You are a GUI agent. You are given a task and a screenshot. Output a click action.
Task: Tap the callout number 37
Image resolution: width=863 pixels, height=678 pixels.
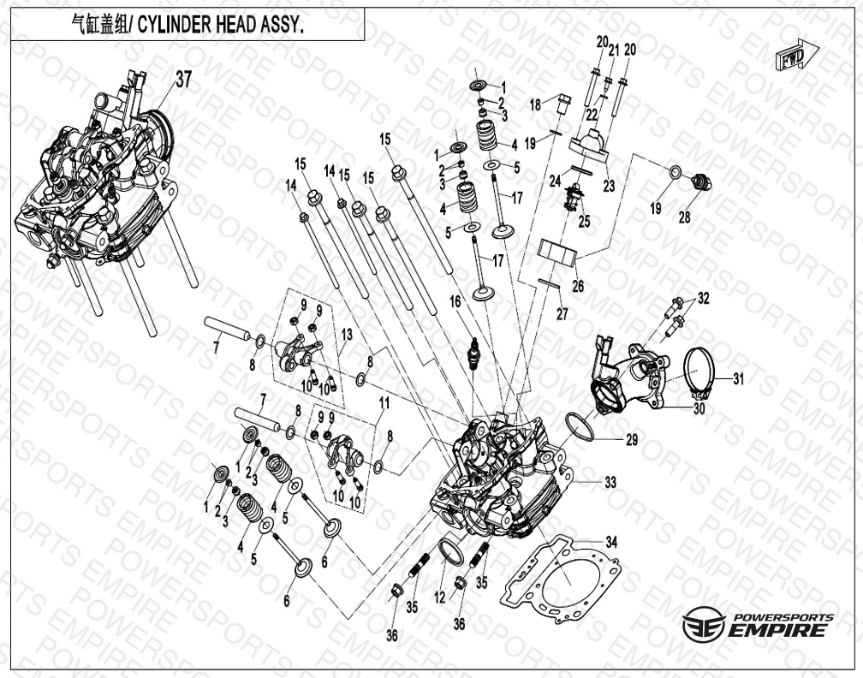click(184, 80)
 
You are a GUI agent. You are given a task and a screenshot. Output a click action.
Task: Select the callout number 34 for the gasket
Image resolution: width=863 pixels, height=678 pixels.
click(611, 543)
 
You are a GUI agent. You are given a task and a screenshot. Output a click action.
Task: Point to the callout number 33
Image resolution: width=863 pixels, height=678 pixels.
click(610, 483)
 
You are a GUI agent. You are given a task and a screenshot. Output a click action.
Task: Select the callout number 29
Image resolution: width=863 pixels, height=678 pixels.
click(632, 440)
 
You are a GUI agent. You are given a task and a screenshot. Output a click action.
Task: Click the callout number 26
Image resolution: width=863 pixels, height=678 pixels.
click(578, 286)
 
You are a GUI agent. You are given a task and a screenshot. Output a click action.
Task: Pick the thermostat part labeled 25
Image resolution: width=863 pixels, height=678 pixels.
click(575, 197)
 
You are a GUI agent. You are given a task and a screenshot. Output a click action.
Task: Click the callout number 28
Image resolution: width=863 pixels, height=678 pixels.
click(684, 217)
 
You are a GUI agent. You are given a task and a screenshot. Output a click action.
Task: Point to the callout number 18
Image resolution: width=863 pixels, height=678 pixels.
click(536, 104)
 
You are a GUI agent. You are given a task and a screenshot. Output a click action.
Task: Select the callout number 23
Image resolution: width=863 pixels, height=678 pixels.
click(609, 186)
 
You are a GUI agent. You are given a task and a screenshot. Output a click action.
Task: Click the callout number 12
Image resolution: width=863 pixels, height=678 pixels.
click(439, 597)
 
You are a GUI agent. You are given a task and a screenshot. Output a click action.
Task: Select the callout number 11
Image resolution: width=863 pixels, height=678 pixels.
click(384, 403)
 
